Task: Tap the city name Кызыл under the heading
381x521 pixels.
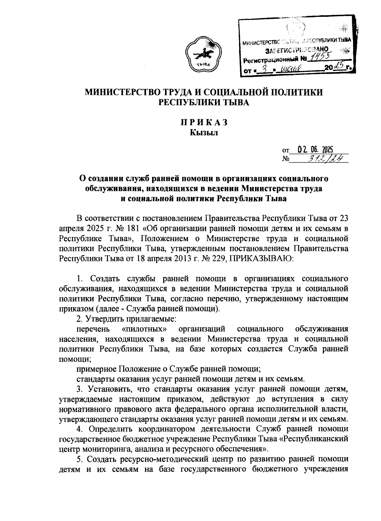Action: click(x=204, y=133)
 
